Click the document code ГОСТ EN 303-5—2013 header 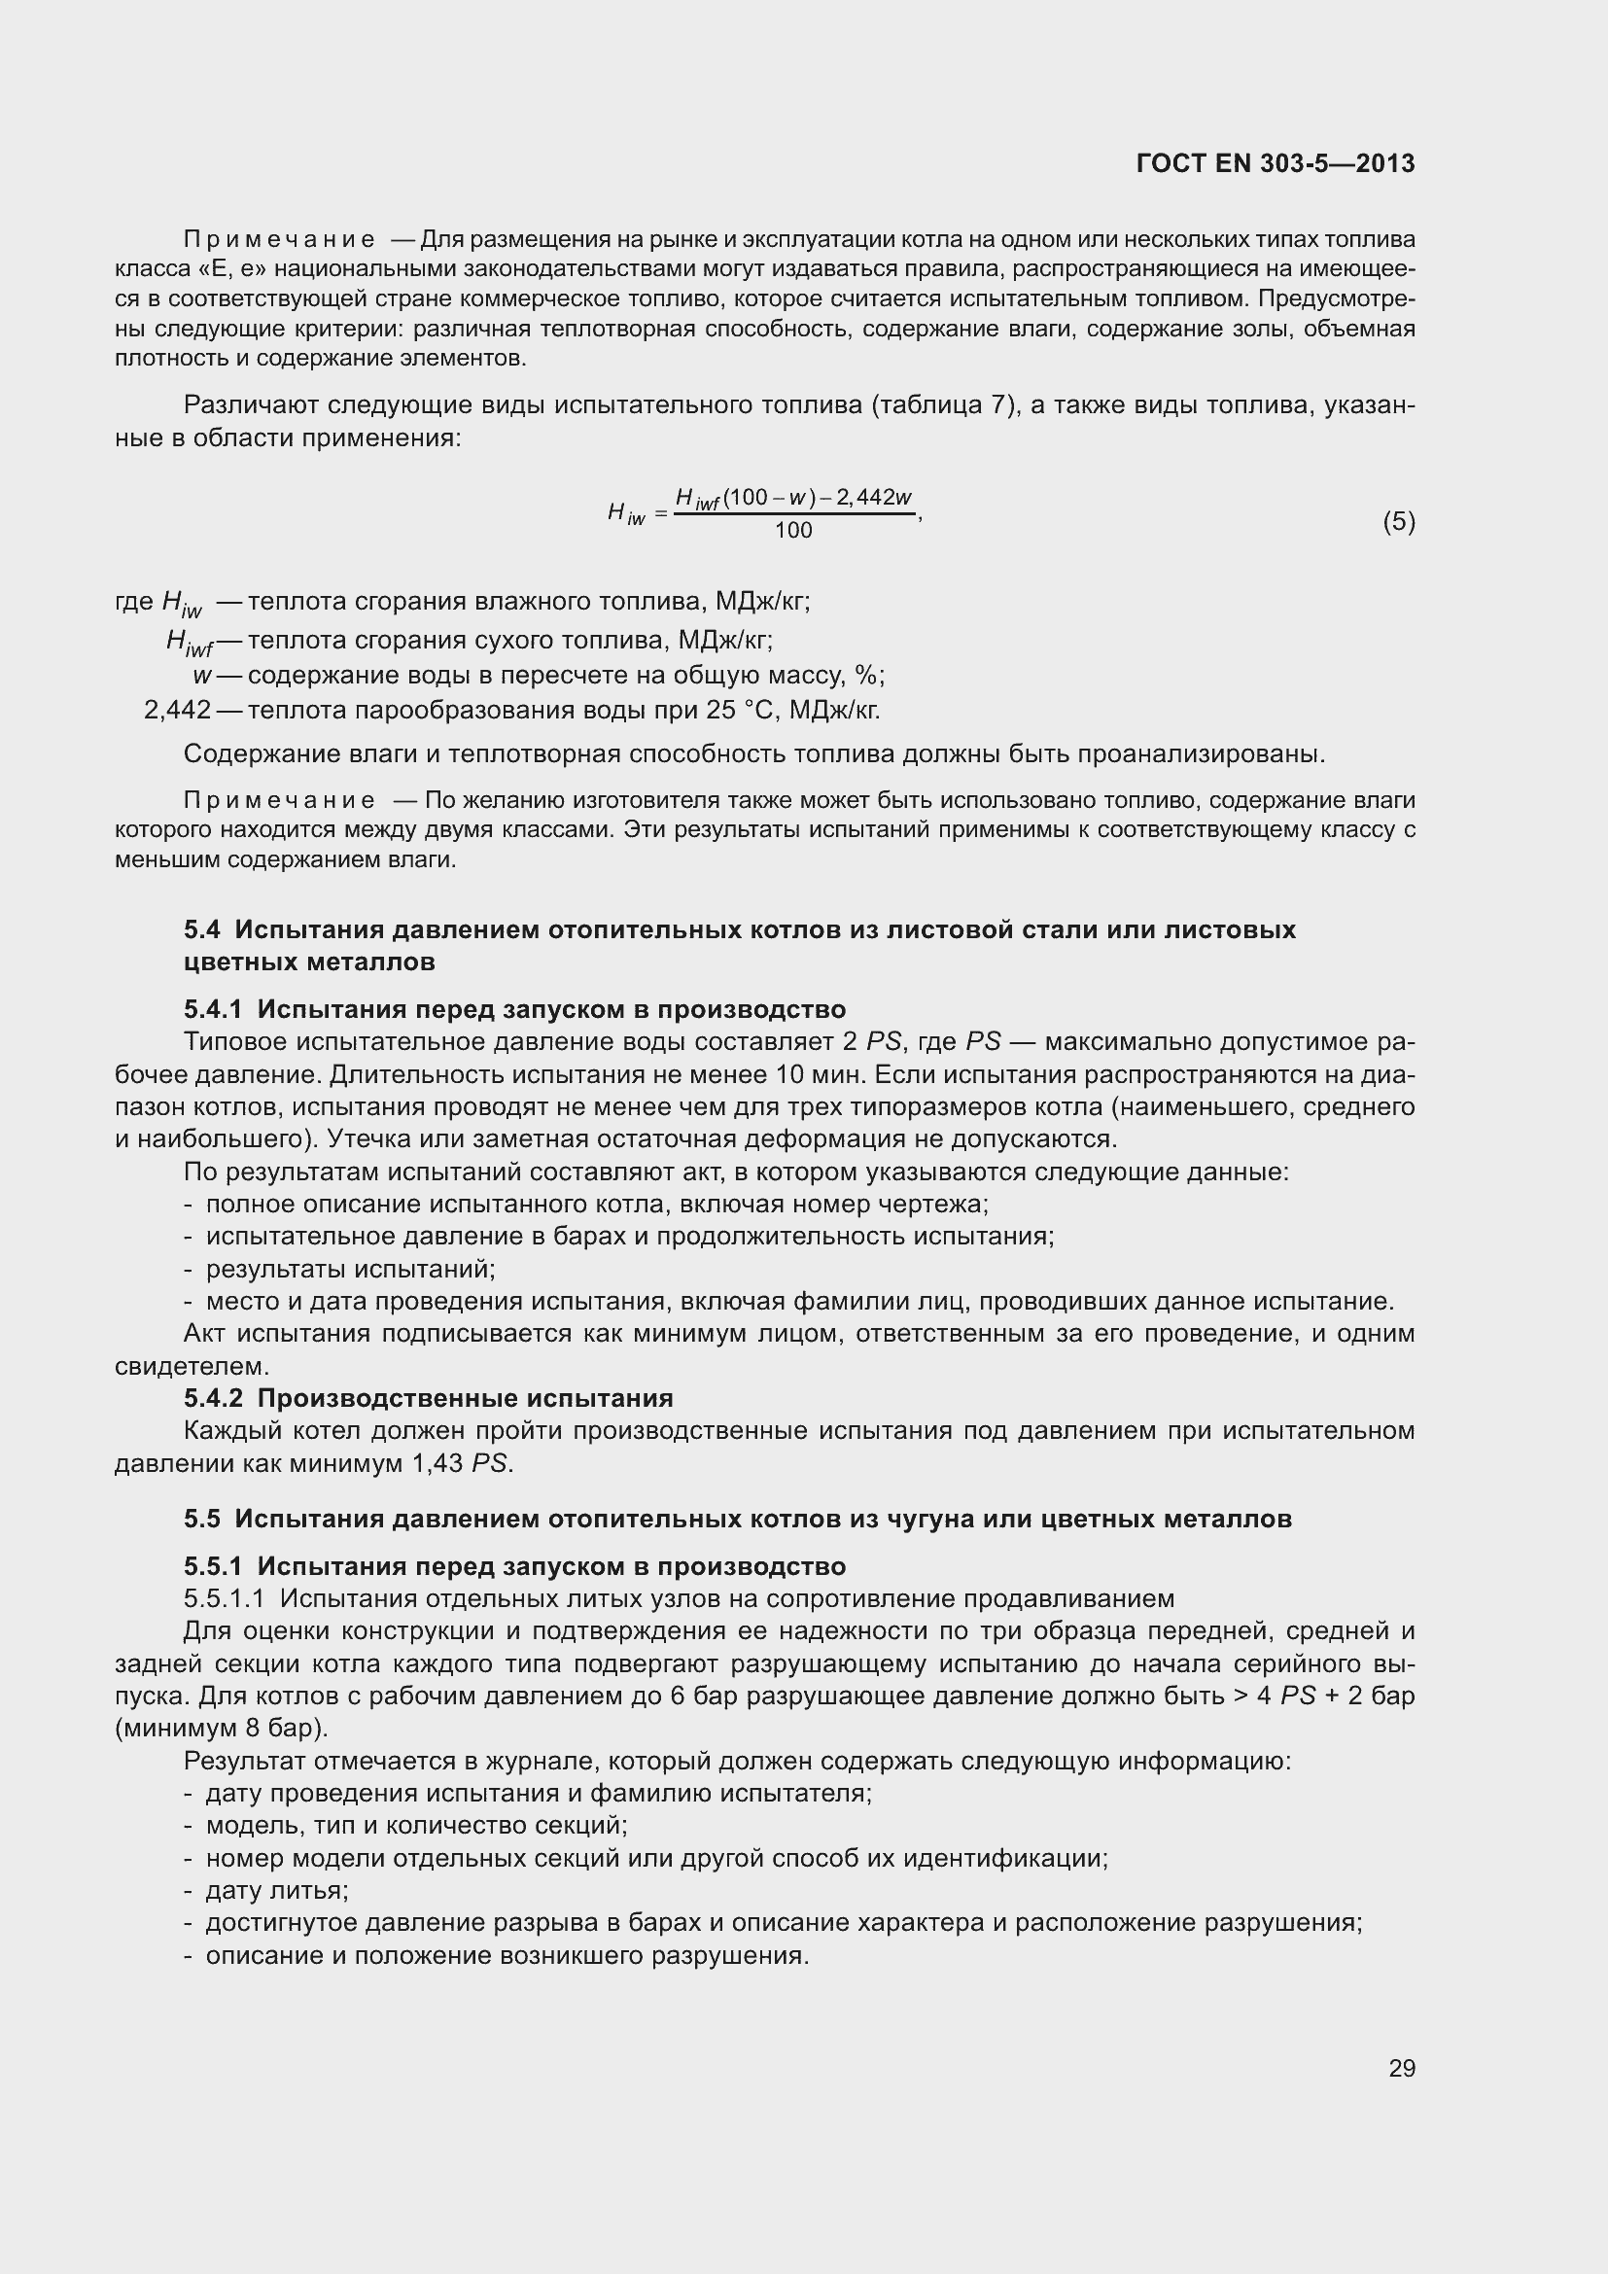pos(1276,164)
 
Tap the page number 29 pos(1401,2068)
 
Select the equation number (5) pos(1398,522)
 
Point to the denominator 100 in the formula pos(793,531)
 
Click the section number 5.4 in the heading pos(202,930)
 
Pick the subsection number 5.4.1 pos(213,1009)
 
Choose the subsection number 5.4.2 pos(213,1398)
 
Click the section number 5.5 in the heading pos(202,1519)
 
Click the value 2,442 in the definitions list pos(177,710)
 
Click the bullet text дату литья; pos(276,1891)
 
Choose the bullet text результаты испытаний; pos(351,1269)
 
